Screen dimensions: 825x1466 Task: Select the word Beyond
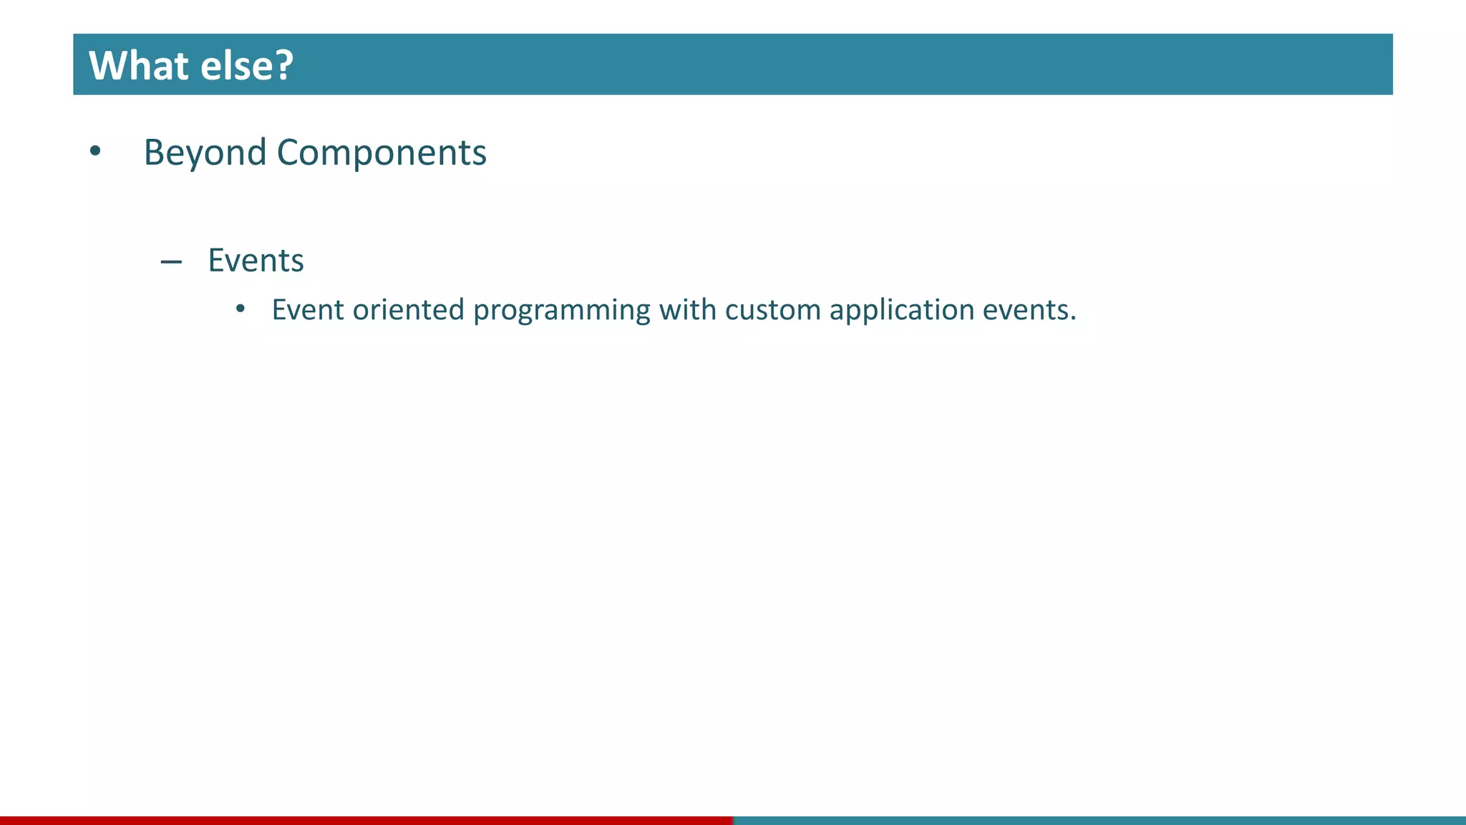205,153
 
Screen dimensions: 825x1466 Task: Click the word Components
382,153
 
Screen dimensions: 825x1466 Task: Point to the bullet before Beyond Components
95,152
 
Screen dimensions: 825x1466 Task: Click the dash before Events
171,263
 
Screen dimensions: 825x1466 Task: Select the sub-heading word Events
256,261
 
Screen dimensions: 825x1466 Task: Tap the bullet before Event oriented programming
241,309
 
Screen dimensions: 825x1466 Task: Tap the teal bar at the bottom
1099,820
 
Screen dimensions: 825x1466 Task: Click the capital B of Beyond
154,153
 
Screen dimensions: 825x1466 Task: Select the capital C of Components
288,153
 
